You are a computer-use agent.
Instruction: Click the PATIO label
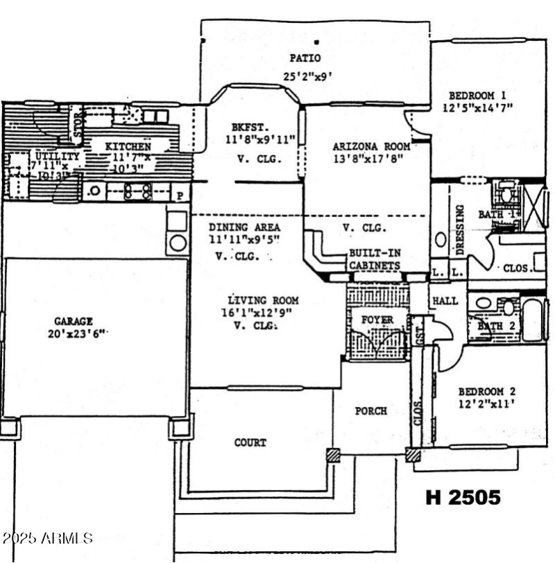(306, 58)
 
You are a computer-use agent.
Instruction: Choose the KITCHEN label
(128, 147)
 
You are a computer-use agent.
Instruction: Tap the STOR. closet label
(78, 125)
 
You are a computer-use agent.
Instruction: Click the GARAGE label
(74, 321)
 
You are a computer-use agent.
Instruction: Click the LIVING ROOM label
(263, 300)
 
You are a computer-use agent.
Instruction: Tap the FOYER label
(377, 320)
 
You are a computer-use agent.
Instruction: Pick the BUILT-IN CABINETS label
(374, 260)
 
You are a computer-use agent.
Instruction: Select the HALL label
(445, 301)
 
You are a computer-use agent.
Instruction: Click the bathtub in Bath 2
(532, 320)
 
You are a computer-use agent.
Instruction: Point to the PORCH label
(371, 411)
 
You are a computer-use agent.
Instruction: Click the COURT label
(250, 442)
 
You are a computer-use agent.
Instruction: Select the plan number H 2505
(463, 497)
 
